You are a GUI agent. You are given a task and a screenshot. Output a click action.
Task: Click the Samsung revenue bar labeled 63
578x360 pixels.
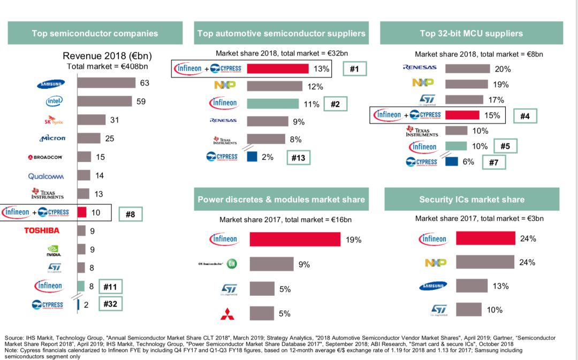tap(106, 83)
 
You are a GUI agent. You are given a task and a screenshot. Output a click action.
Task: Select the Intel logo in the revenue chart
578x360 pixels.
tap(54, 101)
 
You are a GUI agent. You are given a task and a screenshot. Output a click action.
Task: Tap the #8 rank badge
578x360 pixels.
tap(130, 214)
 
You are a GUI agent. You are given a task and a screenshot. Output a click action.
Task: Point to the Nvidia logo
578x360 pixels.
tap(54, 250)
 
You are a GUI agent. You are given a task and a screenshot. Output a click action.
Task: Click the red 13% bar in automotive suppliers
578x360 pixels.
tap(278, 68)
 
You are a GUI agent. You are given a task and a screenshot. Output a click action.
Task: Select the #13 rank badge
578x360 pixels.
tap(298, 157)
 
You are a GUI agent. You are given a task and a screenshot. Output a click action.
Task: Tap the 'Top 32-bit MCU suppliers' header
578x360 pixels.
tap(471, 33)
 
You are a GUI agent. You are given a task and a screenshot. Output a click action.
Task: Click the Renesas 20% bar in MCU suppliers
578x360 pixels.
tap(467, 68)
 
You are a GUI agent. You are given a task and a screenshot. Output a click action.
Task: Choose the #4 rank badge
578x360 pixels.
tap(524, 115)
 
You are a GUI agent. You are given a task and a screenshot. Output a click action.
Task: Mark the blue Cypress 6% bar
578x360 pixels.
tap(451, 161)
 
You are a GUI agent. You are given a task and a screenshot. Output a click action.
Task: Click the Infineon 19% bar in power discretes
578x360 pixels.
tap(295, 239)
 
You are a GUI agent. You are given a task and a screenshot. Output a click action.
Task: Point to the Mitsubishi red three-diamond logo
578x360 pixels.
tap(227, 314)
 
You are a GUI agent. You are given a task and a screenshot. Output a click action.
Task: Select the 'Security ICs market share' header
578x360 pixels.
tap(471, 200)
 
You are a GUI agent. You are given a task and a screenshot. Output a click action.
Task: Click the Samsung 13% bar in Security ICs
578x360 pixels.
tap(471, 286)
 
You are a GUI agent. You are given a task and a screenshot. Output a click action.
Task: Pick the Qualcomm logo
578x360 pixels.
tap(46, 176)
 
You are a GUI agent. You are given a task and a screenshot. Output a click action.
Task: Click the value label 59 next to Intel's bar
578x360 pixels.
tap(141, 101)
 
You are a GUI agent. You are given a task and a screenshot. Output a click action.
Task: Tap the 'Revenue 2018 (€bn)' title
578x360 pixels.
tap(102, 56)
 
